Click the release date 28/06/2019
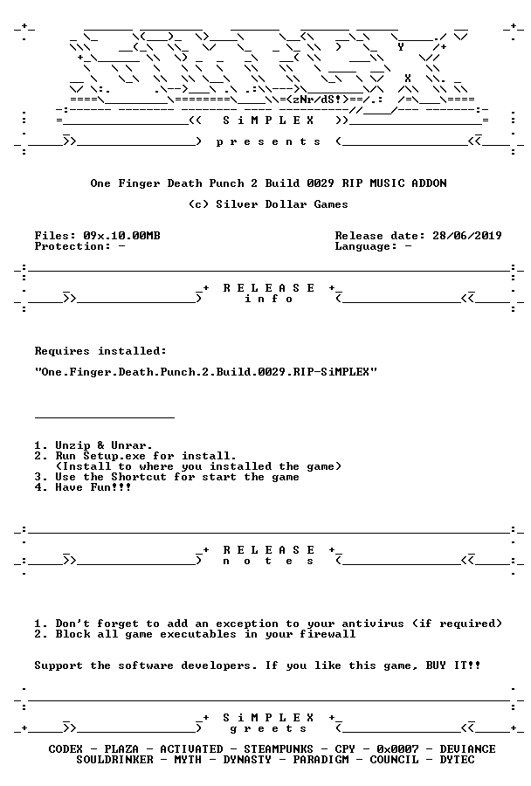(x=467, y=236)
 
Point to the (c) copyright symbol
(x=198, y=204)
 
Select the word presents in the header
(x=268, y=141)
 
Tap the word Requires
(x=62, y=351)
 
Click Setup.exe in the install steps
(x=114, y=456)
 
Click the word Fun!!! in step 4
(x=111, y=487)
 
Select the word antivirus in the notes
(x=373, y=624)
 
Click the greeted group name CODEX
(x=66, y=749)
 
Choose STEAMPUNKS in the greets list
(x=279, y=749)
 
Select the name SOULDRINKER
(x=114, y=760)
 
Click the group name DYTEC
(x=457, y=760)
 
